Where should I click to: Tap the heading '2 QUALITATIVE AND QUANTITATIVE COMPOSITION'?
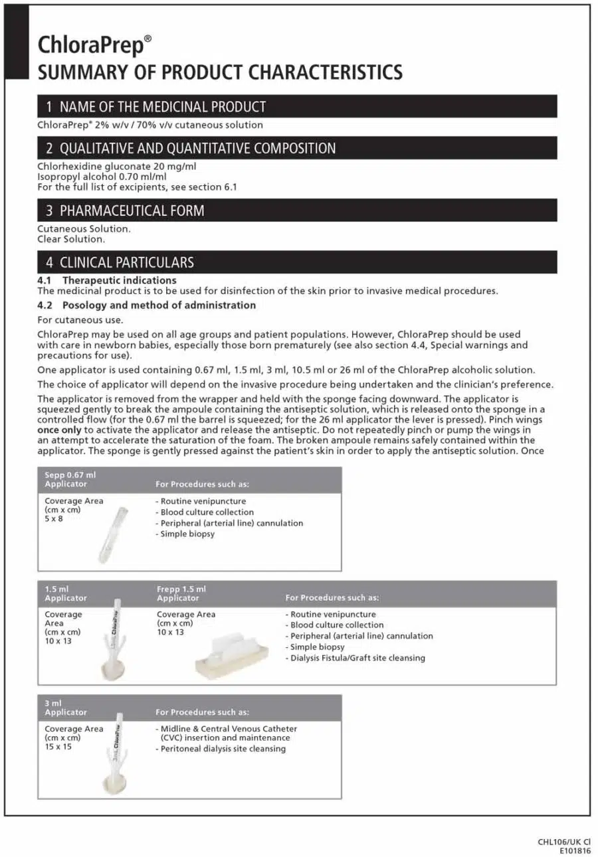pos(191,148)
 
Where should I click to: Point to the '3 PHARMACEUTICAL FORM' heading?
pos(125,211)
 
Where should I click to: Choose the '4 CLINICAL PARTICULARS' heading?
pos(120,262)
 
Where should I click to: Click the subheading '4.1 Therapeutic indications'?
pos(107,280)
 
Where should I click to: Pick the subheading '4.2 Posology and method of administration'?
pos(146,305)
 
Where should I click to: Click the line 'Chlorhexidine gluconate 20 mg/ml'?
pos(117,167)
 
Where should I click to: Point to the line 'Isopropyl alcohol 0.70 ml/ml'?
pos(102,177)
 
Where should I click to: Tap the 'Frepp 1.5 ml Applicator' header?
pos(181,593)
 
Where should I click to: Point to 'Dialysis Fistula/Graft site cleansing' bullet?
pos(355,658)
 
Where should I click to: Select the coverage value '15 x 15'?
pos(58,747)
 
